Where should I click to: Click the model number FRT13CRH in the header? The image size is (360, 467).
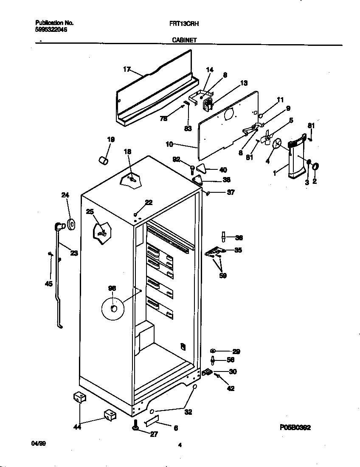coord(184,24)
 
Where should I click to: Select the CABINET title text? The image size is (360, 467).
coord(184,40)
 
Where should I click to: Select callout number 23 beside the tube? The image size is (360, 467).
coord(74,253)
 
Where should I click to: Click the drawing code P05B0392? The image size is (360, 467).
coord(295,428)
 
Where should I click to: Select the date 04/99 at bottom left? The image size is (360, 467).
coord(39,443)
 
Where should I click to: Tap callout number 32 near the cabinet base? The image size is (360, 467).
coord(188,412)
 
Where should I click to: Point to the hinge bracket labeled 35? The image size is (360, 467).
coord(215,252)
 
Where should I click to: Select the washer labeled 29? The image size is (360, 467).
coord(214,351)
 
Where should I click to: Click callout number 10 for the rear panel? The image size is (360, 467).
coord(169,144)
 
